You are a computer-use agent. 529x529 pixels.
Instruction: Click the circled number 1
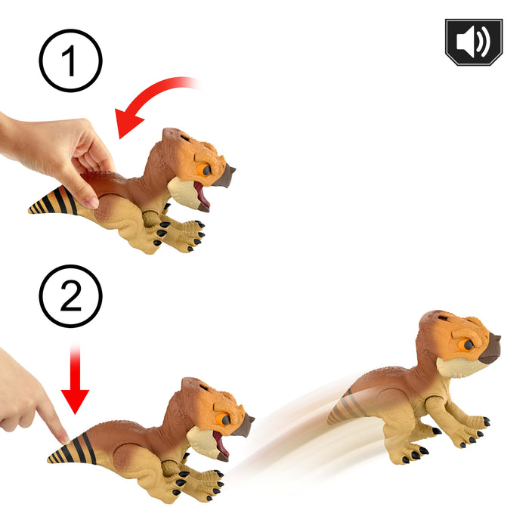click(x=70, y=61)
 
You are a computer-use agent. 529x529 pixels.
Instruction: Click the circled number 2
click(x=70, y=297)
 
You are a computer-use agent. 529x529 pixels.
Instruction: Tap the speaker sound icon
click(x=473, y=42)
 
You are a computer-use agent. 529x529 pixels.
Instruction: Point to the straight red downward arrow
click(x=75, y=382)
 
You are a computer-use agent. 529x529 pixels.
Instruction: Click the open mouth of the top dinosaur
click(x=200, y=194)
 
